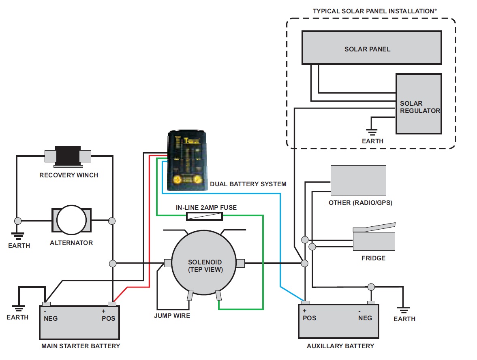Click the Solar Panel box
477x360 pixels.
click(372, 47)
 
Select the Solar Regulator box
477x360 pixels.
click(419, 104)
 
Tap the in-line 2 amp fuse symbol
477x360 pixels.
click(204, 216)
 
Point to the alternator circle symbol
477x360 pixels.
click(71, 220)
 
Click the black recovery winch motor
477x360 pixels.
click(67, 156)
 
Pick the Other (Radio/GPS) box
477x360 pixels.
click(358, 181)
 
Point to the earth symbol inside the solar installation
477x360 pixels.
click(372, 131)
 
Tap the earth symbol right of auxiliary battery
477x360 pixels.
click(403, 310)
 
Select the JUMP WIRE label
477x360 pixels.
click(172, 315)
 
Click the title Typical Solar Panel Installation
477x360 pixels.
click(374, 11)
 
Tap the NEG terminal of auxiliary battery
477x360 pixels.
click(370, 303)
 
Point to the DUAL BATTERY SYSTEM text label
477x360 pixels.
click(248, 184)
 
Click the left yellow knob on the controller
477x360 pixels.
click(177, 180)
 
